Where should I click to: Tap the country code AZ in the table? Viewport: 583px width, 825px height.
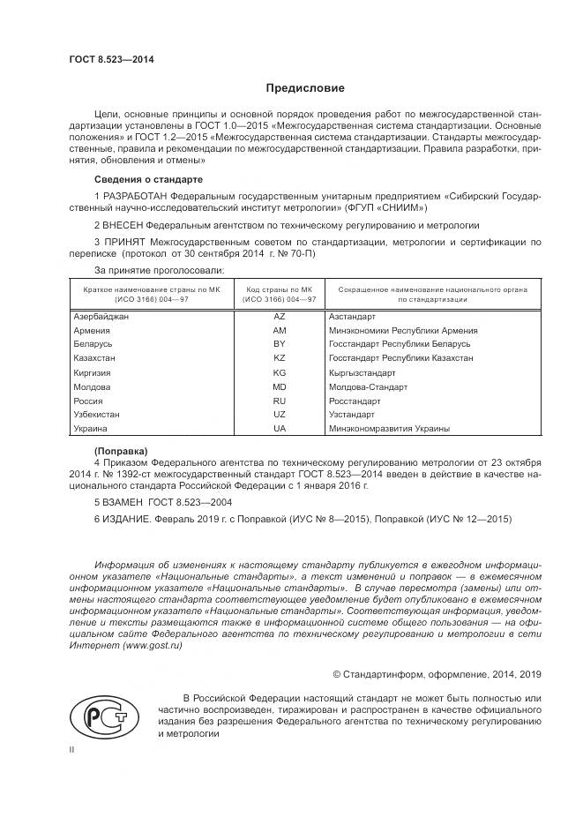click(280, 316)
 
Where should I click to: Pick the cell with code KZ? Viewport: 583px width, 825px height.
click(280, 358)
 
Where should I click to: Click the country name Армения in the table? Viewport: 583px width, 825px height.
click(92, 330)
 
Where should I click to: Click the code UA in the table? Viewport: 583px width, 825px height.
click(280, 429)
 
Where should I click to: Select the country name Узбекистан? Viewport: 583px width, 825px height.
click(96, 415)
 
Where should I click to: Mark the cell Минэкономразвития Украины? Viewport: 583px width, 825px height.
click(388, 429)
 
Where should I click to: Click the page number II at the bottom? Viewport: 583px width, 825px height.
click(72, 749)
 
